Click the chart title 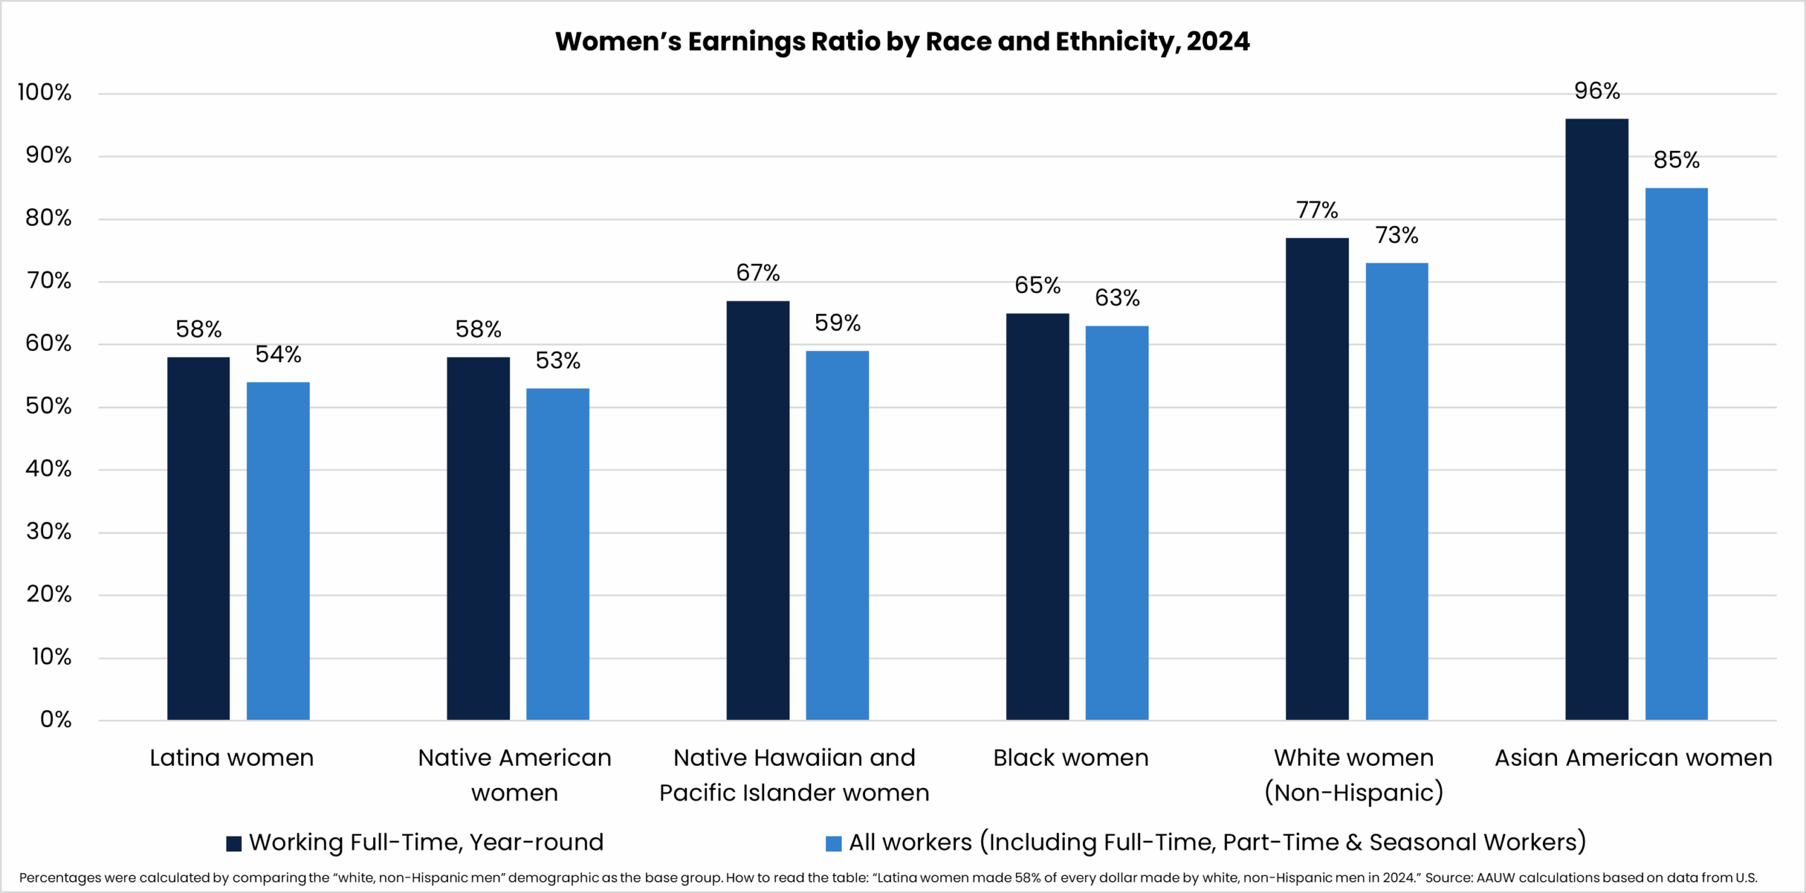pyautogui.click(x=902, y=42)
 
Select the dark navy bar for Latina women pyautogui.click(x=198, y=538)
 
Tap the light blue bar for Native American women pyautogui.click(x=557, y=554)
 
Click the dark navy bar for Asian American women pyautogui.click(x=1596, y=419)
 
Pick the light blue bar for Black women pyautogui.click(x=1117, y=522)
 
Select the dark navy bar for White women pyautogui.click(x=1317, y=479)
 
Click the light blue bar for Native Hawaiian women pyautogui.click(x=837, y=535)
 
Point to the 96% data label pyautogui.click(x=1597, y=91)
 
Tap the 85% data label pyautogui.click(x=1677, y=160)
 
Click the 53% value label pyautogui.click(x=558, y=361)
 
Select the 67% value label pyautogui.click(x=758, y=273)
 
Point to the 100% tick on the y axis pyautogui.click(x=44, y=92)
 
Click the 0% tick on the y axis pyautogui.click(x=56, y=719)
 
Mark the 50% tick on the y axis pyautogui.click(x=49, y=406)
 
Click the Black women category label pyautogui.click(x=1071, y=758)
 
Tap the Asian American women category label pyautogui.click(x=1633, y=758)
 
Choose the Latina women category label pyautogui.click(x=231, y=758)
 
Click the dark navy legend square pyautogui.click(x=234, y=843)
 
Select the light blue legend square pyautogui.click(x=833, y=843)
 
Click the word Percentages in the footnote pyautogui.click(x=60, y=878)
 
